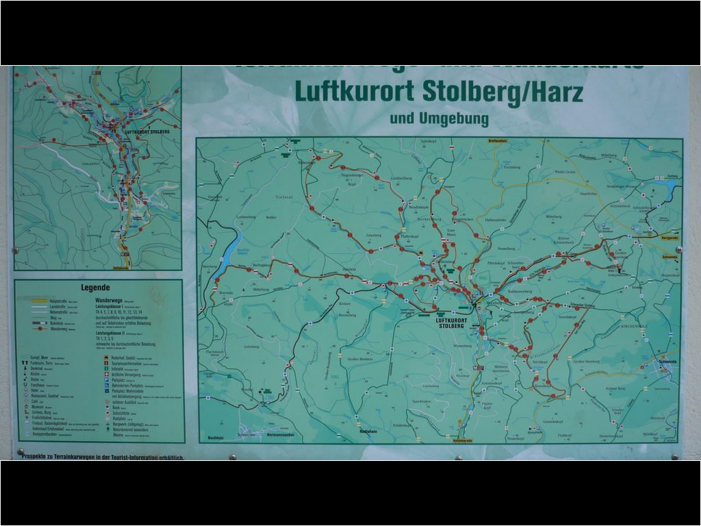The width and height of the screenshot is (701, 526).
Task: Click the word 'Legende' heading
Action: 95,288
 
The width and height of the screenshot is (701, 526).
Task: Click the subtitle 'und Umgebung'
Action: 439,118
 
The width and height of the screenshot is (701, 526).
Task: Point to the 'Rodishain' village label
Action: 369,431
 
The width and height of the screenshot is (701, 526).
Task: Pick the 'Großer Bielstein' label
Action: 360,359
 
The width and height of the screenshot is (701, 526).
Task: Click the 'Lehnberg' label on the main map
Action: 251,347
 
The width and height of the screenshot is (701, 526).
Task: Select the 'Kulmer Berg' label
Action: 615,388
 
